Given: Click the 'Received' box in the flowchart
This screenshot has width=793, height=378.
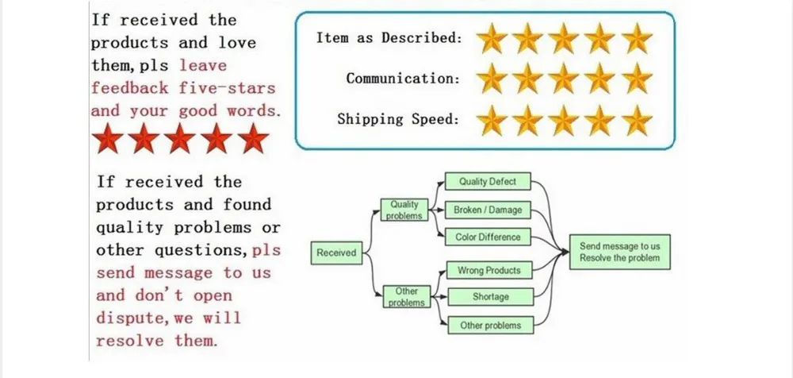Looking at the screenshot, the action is [336, 253].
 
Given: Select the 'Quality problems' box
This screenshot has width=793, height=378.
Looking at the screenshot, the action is [404, 210].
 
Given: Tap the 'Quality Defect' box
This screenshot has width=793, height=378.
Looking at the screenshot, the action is [488, 182].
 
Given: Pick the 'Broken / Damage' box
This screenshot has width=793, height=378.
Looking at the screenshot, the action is [488, 210].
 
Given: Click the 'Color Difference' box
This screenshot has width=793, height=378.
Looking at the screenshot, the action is [488, 237].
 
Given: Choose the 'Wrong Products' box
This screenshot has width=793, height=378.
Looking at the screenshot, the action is [488, 271].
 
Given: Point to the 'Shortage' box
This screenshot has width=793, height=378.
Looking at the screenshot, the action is [490, 297].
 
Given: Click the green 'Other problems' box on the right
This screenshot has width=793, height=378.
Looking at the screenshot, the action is [490, 325].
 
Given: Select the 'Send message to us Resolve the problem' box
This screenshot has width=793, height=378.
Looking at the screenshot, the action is [619, 253].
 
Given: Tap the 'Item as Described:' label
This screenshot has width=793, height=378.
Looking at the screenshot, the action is [389, 38].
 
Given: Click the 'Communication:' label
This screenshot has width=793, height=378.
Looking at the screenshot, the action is [403, 79].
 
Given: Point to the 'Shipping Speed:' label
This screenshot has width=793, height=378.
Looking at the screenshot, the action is [398, 120].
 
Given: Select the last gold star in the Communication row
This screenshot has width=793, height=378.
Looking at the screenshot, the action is [636, 79].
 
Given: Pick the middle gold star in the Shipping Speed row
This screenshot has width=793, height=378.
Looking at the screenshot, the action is [565, 121].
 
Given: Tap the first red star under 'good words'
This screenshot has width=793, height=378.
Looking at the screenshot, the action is [109, 138].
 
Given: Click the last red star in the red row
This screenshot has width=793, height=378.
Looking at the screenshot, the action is [252, 138].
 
